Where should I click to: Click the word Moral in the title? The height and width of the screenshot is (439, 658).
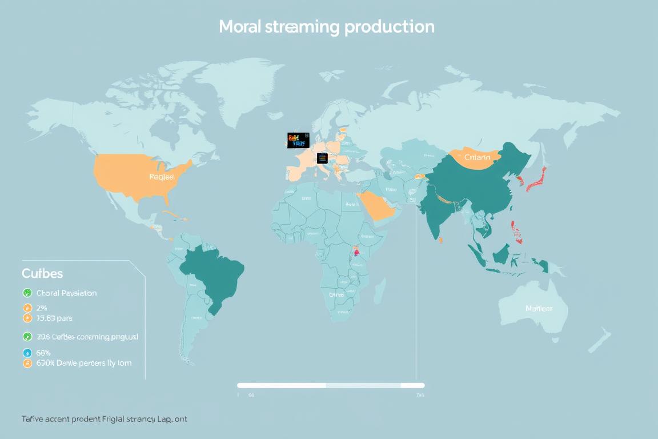(240, 27)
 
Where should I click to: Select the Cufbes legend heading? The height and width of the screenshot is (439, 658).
(42, 273)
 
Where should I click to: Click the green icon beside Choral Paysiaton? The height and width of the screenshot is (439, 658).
(27, 293)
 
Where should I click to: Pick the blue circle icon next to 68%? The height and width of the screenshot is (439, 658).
(27, 353)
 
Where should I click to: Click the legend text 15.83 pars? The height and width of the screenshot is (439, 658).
(54, 318)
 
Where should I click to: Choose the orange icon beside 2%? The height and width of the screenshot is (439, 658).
(27, 308)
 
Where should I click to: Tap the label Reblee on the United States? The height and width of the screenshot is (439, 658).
(162, 177)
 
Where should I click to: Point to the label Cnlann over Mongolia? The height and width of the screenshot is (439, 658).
(477, 157)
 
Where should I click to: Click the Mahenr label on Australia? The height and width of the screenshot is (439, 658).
(539, 309)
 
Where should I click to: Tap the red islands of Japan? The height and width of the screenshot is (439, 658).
(536, 178)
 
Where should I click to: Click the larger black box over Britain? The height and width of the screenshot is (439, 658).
(298, 140)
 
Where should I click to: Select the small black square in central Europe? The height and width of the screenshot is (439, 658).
(322, 158)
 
